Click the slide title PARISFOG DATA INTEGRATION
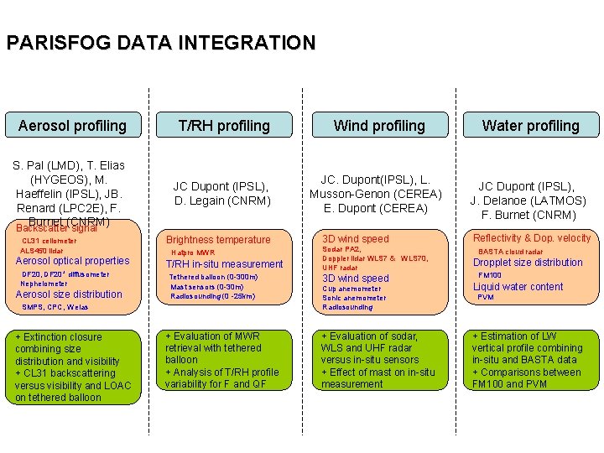161,43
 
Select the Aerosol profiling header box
72,126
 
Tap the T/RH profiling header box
224,126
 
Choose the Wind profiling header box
379,126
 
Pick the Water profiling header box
530,126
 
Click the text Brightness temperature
219,240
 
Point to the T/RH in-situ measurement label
225,264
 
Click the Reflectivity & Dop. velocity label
532,238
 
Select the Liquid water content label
518,287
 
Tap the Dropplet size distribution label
528,263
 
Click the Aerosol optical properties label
73,261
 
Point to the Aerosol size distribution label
69,294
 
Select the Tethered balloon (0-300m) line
213,277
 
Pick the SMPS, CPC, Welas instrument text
55,307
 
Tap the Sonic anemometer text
355,298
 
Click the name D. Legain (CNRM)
222,200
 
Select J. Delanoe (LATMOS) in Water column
528,200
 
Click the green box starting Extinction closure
73,367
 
